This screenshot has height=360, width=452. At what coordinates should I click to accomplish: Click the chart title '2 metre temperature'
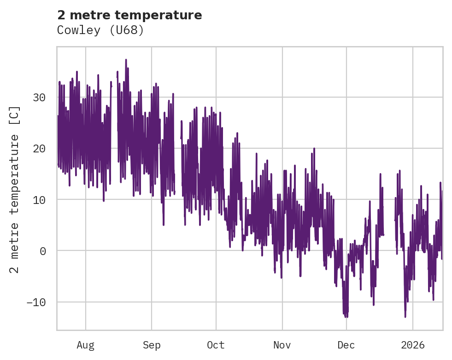129,15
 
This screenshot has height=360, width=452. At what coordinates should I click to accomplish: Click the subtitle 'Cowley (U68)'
100,30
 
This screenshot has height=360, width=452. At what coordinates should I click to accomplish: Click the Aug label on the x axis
85,345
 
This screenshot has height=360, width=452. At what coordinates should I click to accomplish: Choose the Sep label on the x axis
151,345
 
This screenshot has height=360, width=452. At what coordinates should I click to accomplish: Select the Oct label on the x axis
216,345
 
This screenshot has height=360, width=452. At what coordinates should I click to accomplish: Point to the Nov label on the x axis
282,345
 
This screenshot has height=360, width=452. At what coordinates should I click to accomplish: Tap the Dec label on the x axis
346,345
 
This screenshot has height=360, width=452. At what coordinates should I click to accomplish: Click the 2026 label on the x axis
412,345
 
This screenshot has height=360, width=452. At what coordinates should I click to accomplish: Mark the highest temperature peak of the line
125,59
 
